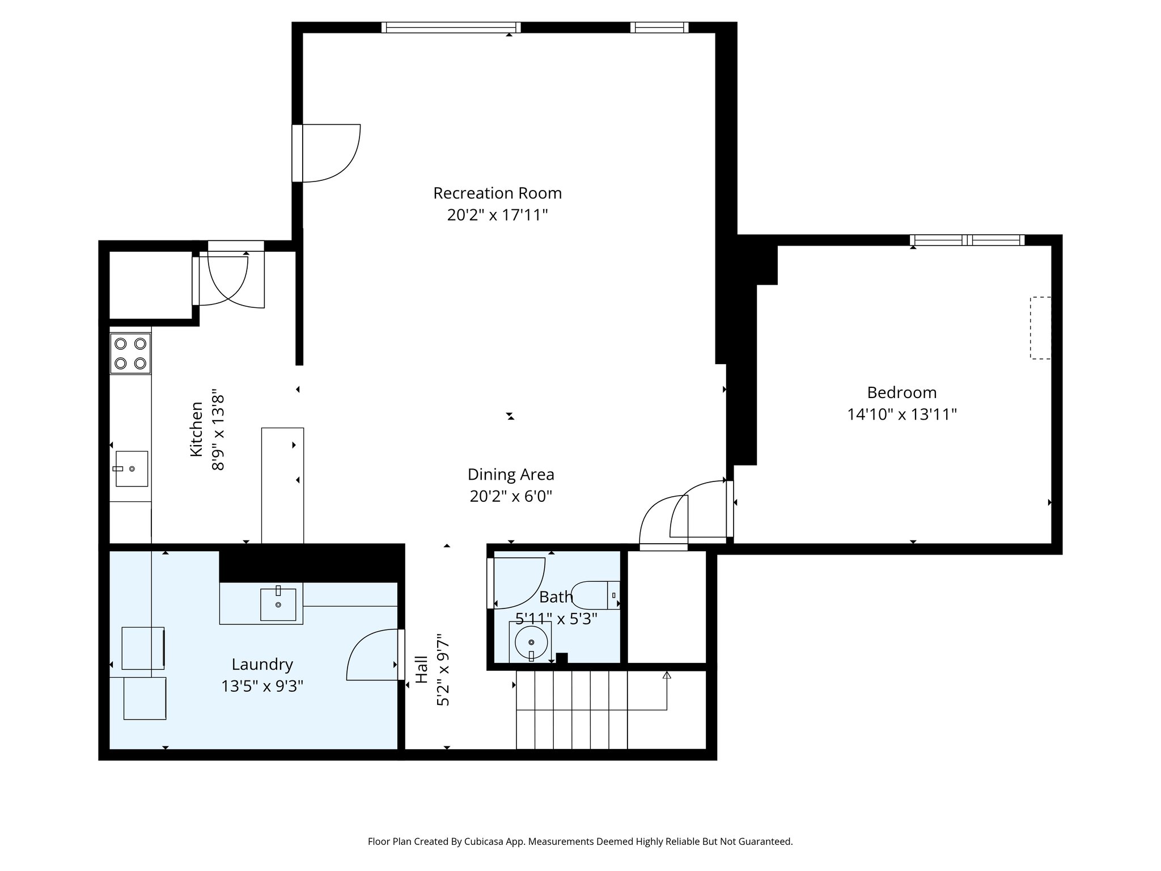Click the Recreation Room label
pyautogui.click(x=497, y=193)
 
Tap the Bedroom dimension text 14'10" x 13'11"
pyautogui.click(x=902, y=415)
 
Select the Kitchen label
pyautogui.click(x=196, y=429)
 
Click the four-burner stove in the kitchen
pyautogui.click(x=130, y=353)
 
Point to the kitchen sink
pyautogui.click(x=132, y=469)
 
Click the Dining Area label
pyautogui.click(x=511, y=475)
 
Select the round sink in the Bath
pyautogui.click(x=531, y=642)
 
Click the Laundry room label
pyautogui.click(x=262, y=665)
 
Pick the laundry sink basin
pyautogui.click(x=278, y=604)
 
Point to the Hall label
pyautogui.click(x=421, y=670)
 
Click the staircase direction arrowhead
pyautogui.click(x=667, y=675)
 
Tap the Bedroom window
pyautogui.click(x=967, y=240)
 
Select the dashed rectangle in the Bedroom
pyautogui.click(x=1040, y=328)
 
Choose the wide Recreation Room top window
pyautogui.click(x=451, y=27)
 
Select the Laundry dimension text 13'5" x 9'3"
pyautogui.click(x=262, y=687)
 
